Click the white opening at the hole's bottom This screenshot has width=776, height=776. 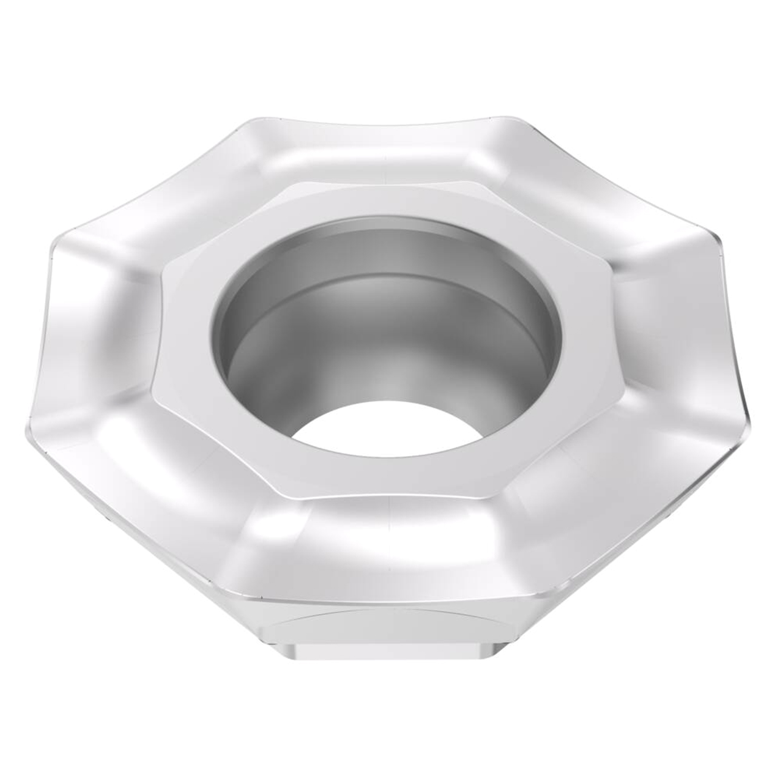coord(388,427)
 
